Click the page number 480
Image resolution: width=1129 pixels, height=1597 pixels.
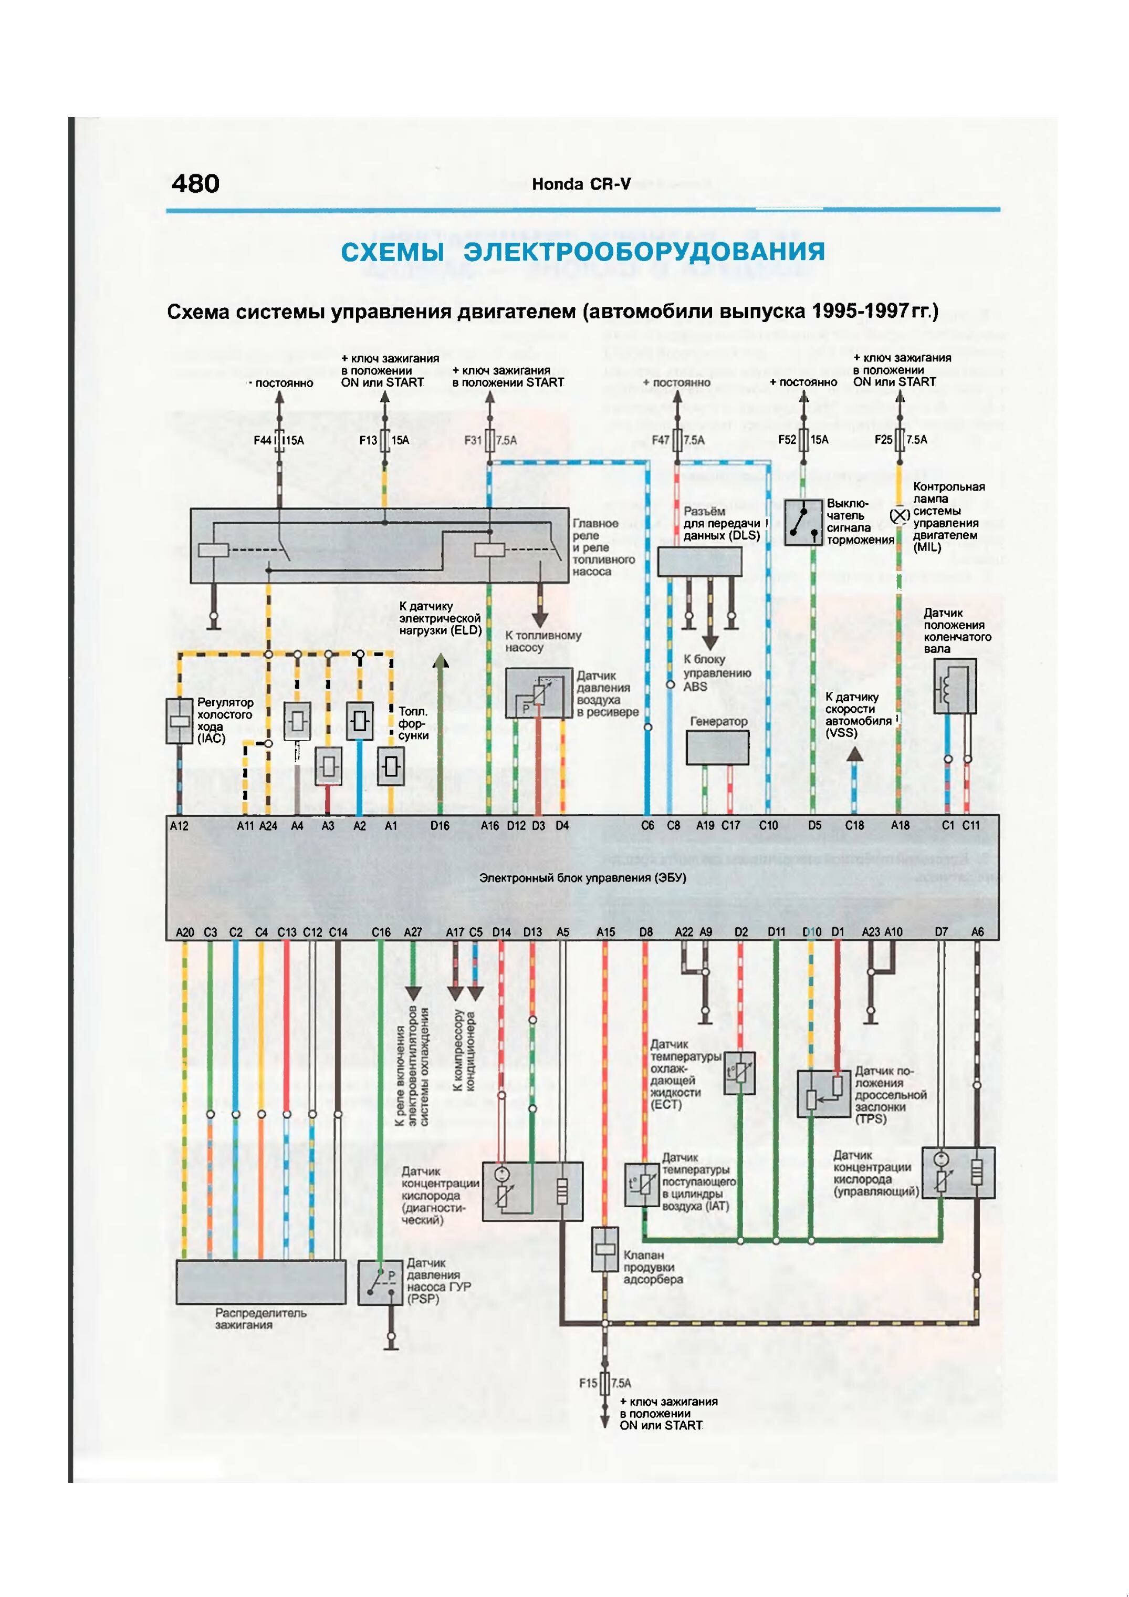coord(195,184)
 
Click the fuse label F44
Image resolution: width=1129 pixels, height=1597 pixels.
coord(262,440)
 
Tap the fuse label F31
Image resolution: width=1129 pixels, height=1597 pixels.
coord(473,440)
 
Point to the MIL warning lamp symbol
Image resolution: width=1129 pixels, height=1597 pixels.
coord(900,515)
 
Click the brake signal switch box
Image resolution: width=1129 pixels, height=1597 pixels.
coord(803,522)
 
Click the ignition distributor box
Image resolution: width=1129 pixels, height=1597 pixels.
coord(260,1281)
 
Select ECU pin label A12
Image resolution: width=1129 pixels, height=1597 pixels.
coord(179,826)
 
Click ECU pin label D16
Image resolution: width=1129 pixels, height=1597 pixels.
coord(440,826)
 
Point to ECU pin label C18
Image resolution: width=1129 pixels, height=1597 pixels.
coord(854,826)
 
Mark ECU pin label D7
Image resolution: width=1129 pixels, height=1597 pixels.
coord(942,932)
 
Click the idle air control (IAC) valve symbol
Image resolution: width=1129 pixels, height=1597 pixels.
coord(180,721)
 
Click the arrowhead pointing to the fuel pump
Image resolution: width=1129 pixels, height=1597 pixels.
coord(540,620)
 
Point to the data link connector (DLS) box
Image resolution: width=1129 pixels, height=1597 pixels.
coord(699,562)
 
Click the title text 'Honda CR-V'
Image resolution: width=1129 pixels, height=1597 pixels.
coord(581,184)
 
